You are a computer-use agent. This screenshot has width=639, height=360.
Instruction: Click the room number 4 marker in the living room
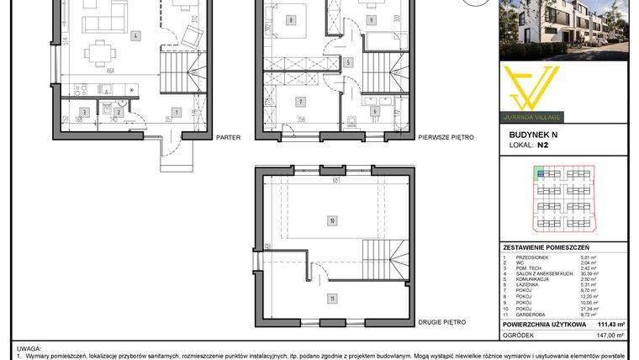coord(135,36)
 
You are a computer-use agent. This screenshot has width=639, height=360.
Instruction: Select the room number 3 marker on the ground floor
coord(83,111)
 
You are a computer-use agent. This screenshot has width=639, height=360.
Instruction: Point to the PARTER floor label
coord(228,136)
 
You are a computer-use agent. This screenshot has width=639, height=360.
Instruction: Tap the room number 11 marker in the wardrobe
coord(332,297)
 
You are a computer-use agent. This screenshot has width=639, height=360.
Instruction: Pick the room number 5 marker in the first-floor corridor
coord(348,62)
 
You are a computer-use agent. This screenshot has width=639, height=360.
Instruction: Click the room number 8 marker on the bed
coord(289,20)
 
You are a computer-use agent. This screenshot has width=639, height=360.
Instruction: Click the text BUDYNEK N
coord(533,134)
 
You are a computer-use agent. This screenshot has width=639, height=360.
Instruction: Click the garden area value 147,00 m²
coord(611,334)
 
